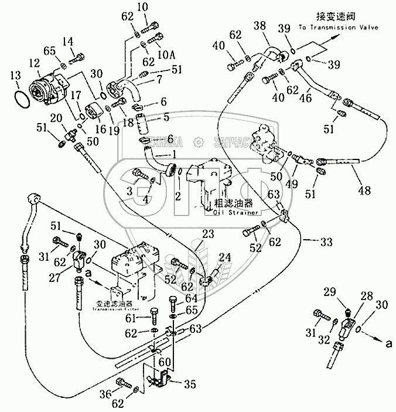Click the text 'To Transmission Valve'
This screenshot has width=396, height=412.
click(x=338, y=27)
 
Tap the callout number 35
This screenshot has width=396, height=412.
click(x=189, y=386)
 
